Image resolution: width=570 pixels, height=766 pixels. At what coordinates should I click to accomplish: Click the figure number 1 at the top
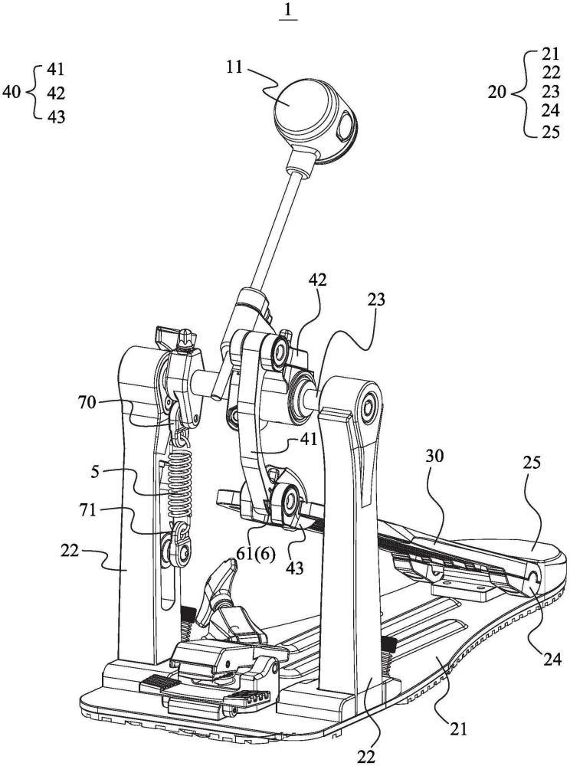[288, 10]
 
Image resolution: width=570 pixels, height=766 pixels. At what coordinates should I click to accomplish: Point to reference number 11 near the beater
[235, 66]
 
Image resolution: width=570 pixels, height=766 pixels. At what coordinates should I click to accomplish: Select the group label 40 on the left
[11, 91]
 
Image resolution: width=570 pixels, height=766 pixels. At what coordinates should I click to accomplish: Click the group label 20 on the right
[497, 91]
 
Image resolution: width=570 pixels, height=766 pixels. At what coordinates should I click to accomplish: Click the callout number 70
[87, 403]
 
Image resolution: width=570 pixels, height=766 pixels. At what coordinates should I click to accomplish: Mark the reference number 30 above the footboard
[434, 457]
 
